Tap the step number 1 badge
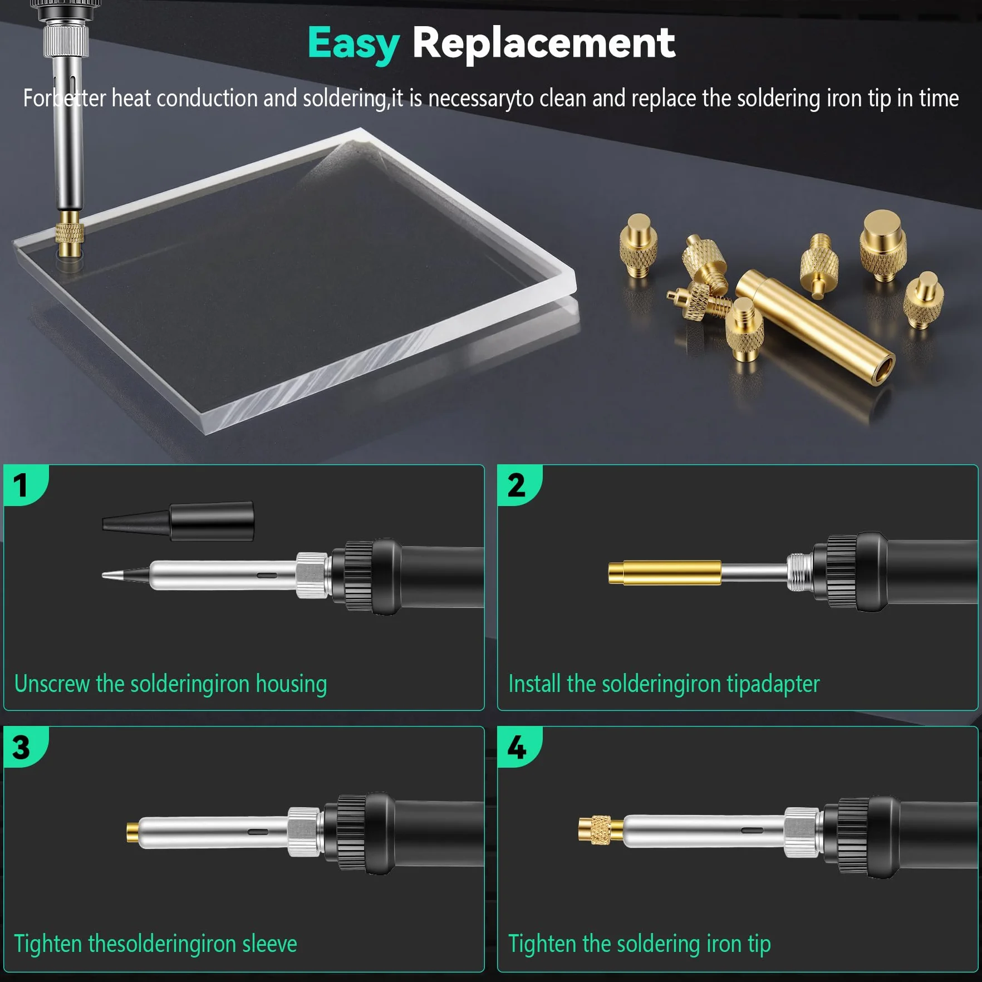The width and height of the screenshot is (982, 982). pos(25,484)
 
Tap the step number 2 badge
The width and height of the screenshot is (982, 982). pos(518,484)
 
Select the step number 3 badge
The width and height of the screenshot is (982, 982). pos(25,747)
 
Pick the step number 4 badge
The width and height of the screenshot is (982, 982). pos(518,747)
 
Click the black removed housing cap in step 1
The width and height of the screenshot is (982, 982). pos(178,521)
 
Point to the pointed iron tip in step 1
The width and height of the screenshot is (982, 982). pos(126,575)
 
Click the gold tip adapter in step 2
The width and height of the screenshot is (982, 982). pos(665,573)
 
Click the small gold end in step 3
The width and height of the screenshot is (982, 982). pos(132,832)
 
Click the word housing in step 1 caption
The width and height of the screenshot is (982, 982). pos(291,684)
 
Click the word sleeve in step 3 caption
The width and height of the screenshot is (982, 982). pos(269,944)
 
